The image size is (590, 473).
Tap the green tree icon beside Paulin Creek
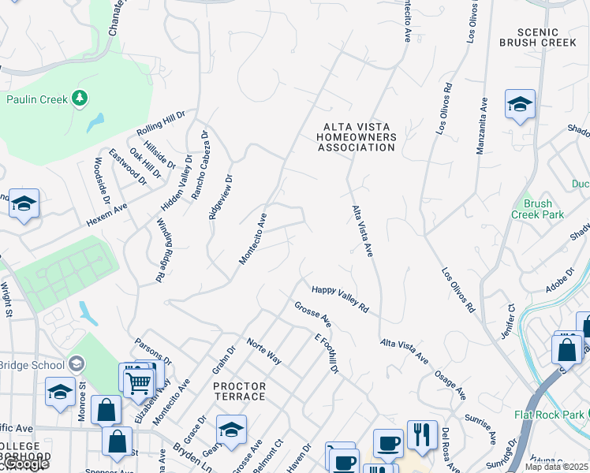(79, 98)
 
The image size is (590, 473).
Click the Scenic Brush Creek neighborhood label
(539, 36)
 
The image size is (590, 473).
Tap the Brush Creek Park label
(538, 209)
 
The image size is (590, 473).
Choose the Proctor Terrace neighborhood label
(239, 391)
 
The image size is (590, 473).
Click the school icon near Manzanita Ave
(520, 106)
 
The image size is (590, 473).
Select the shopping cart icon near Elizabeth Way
(139, 384)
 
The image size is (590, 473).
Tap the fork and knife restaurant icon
(422, 434)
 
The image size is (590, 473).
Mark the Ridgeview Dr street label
(222, 197)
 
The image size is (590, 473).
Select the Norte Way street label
(263, 349)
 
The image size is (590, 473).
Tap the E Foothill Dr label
(326, 353)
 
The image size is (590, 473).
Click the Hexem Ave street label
(106, 215)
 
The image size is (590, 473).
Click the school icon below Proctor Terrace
(231, 430)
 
